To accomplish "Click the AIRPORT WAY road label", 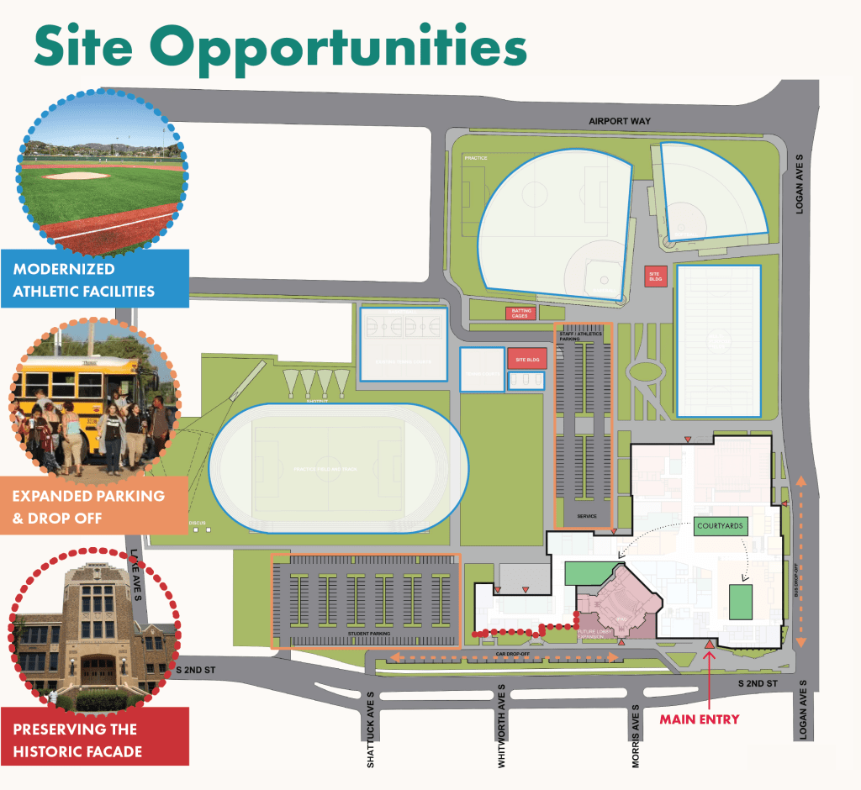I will pyautogui.click(x=620, y=122).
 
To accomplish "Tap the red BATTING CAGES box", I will pyautogui.click(x=520, y=313).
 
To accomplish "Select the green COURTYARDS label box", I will pyautogui.click(x=720, y=527).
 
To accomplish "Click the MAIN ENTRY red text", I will pyautogui.click(x=699, y=719).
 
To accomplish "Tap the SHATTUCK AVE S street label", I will pyautogui.click(x=370, y=729).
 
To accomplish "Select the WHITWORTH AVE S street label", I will pyautogui.click(x=501, y=725).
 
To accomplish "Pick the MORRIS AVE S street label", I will pyautogui.click(x=637, y=729).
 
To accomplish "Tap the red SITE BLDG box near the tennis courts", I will pyautogui.click(x=526, y=359).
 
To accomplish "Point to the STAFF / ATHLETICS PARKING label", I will pyautogui.click(x=580, y=335).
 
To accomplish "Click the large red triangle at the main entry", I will pyautogui.click(x=709, y=643).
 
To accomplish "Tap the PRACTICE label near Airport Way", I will pyautogui.click(x=476, y=158).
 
